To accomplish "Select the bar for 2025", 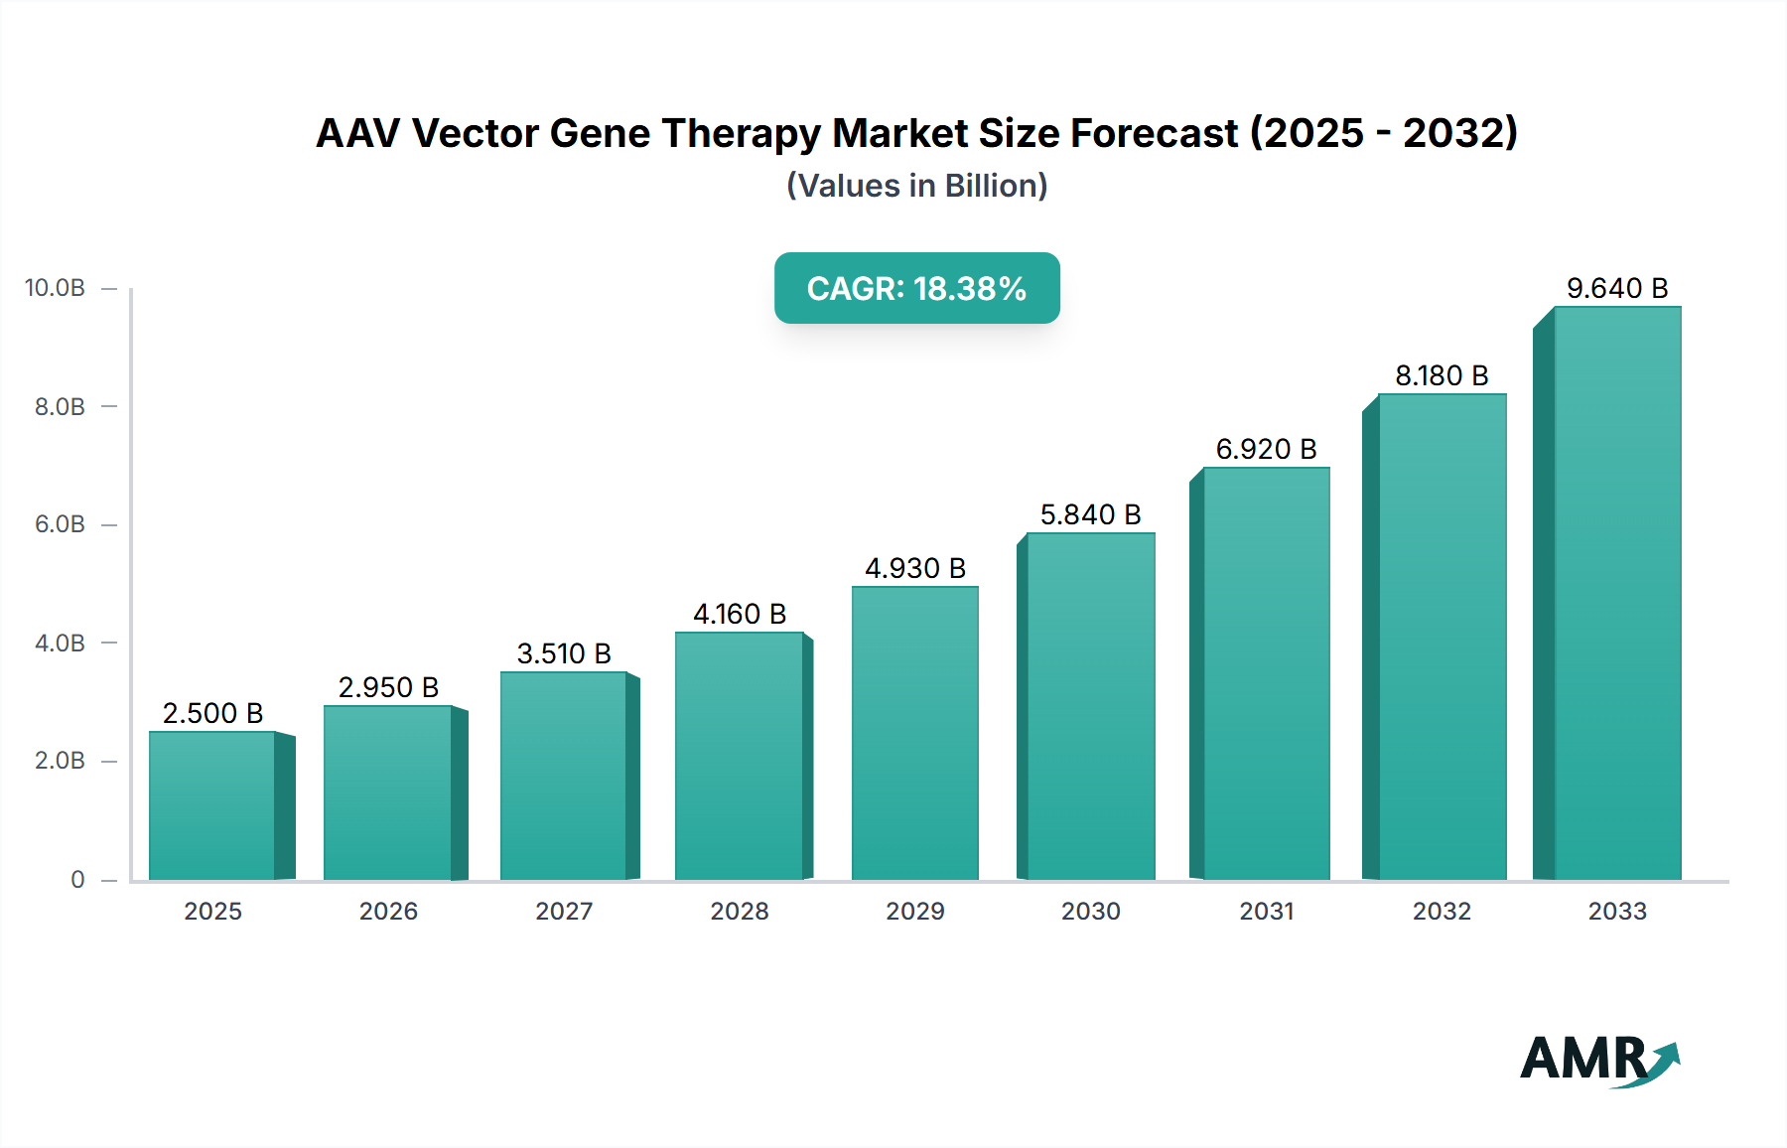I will pyautogui.click(x=212, y=805).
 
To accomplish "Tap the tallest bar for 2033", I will pyautogui.click(x=1617, y=593).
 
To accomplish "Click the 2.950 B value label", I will pyautogui.click(x=388, y=687).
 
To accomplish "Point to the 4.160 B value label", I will pyautogui.click(x=740, y=614).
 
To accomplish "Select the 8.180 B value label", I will pyautogui.click(x=1442, y=375).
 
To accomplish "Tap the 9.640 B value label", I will pyautogui.click(x=1617, y=288).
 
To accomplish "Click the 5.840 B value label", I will pyautogui.click(x=1090, y=514).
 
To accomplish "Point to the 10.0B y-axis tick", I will pyautogui.click(x=56, y=288).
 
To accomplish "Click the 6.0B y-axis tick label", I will pyautogui.click(x=60, y=524).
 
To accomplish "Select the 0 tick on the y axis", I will pyautogui.click(x=77, y=879).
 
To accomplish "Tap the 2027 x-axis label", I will pyautogui.click(x=564, y=911).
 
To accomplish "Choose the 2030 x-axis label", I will pyautogui.click(x=1090, y=911).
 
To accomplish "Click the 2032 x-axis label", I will pyautogui.click(x=1442, y=911).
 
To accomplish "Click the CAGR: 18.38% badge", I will pyautogui.click(x=916, y=288).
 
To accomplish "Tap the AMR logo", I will pyautogui.click(x=1598, y=1060).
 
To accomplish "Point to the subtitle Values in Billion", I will pyautogui.click(x=916, y=186).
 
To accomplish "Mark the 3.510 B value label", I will pyautogui.click(x=564, y=653).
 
